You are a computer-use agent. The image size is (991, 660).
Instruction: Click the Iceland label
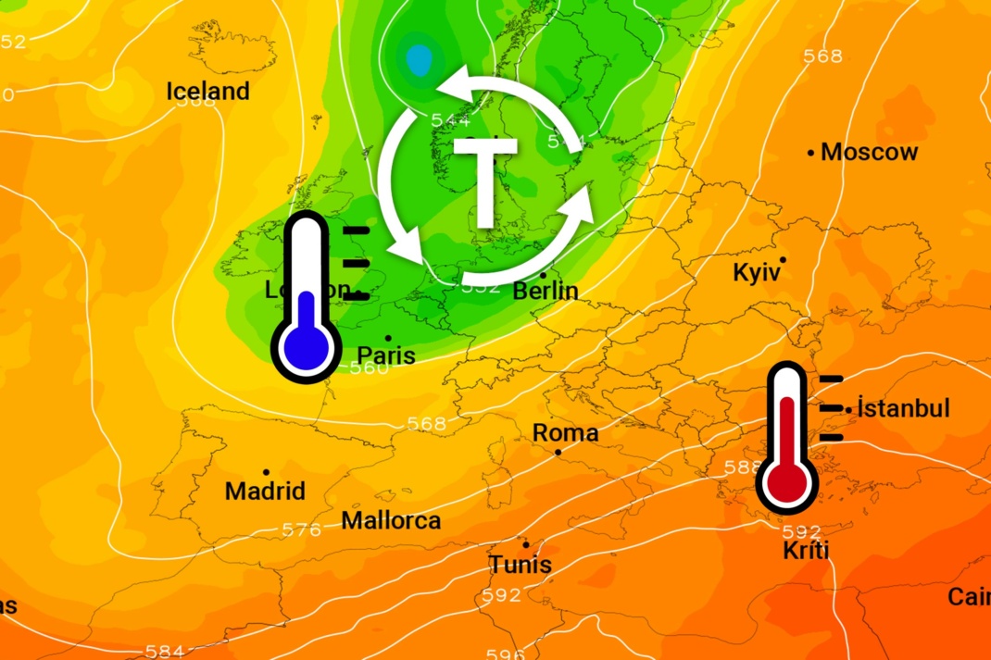click(207, 92)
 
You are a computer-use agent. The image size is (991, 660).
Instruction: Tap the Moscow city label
click(870, 152)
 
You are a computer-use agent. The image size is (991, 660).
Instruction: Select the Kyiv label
click(758, 273)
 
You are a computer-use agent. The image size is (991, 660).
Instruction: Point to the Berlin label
click(546, 291)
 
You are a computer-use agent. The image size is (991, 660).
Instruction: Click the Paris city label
click(386, 355)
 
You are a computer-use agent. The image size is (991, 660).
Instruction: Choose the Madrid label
click(265, 491)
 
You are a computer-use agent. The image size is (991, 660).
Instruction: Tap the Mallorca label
click(391, 520)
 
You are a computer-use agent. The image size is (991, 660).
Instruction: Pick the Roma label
click(565, 433)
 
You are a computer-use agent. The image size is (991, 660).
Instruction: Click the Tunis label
click(520, 565)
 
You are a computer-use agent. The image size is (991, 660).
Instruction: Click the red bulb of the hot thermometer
click(786, 481)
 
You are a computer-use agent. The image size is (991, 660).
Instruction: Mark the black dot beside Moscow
click(811, 152)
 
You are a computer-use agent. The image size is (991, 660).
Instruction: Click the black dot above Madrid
click(266, 472)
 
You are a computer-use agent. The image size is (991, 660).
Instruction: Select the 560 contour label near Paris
click(370, 368)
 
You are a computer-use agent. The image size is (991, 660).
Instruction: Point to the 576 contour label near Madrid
click(301, 530)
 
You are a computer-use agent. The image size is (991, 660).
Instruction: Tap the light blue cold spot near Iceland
click(419, 60)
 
